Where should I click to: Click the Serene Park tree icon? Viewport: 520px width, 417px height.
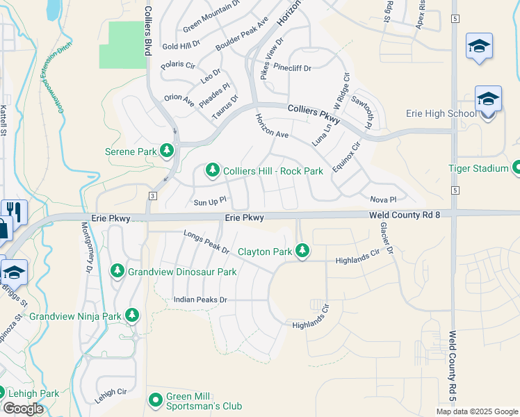(166, 150)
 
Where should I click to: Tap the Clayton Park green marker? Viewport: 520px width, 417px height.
(302, 251)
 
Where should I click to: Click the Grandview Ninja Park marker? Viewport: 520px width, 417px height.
(131, 316)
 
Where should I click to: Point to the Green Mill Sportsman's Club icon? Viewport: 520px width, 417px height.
(156, 400)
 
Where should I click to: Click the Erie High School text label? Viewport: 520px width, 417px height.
(441, 113)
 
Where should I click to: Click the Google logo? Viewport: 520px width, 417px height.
(23, 409)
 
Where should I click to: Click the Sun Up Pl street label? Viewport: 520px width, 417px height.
(209, 202)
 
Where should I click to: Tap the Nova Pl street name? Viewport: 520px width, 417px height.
(382, 199)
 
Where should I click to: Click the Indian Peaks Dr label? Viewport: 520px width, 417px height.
(200, 300)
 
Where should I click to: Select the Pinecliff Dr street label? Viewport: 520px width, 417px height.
(292, 68)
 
